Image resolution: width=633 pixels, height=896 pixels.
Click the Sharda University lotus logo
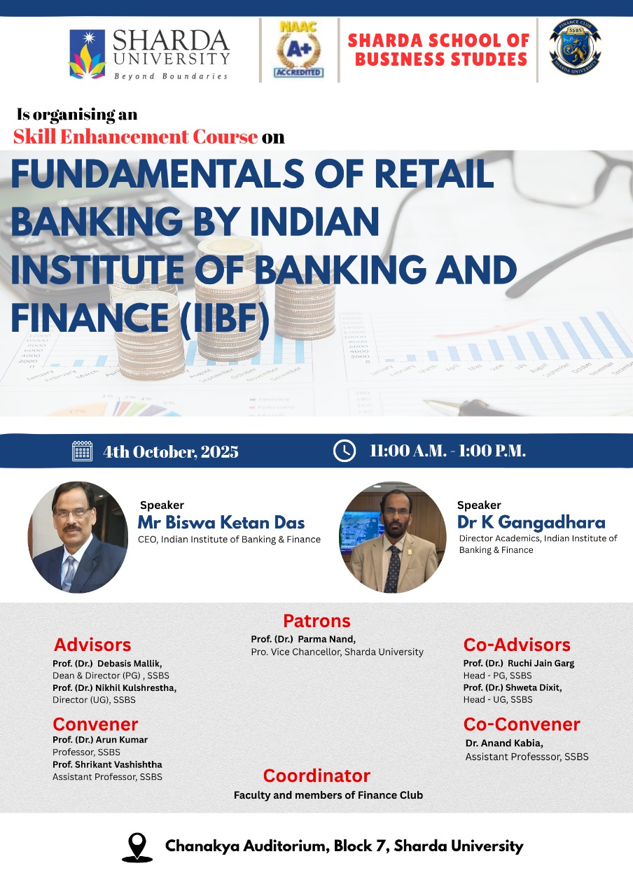tap(88, 54)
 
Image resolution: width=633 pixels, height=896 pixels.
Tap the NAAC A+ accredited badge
tap(299, 49)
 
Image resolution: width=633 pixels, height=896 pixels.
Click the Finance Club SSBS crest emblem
tap(575, 47)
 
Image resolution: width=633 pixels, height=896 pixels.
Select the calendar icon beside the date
tap(82, 451)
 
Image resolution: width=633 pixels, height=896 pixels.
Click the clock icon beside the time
tap(344, 451)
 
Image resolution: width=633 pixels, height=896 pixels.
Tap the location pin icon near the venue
tap(137, 847)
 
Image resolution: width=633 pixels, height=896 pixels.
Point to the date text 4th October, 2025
tap(171, 451)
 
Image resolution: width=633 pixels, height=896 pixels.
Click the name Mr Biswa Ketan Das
tap(221, 522)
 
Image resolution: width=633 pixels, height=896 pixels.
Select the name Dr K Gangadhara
tap(531, 522)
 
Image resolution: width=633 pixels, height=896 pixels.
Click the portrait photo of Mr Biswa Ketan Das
tap(78, 537)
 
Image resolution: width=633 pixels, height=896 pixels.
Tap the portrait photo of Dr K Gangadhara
tap(393, 537)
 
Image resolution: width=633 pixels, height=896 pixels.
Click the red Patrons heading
tap(316, 621)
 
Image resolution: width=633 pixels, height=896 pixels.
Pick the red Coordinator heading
tap(316, 776)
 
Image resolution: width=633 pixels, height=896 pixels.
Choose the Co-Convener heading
tap(522, 724)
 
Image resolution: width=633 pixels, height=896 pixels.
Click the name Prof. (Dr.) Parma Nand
tap(303, 639)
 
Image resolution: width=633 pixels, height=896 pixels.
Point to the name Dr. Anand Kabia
tap(504, 743)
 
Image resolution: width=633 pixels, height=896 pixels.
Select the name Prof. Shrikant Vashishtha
tap(107, 764)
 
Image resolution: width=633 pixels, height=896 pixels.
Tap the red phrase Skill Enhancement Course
tap(135, 136)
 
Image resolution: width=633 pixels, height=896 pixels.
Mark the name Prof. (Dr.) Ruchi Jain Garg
tap(519, 663)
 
